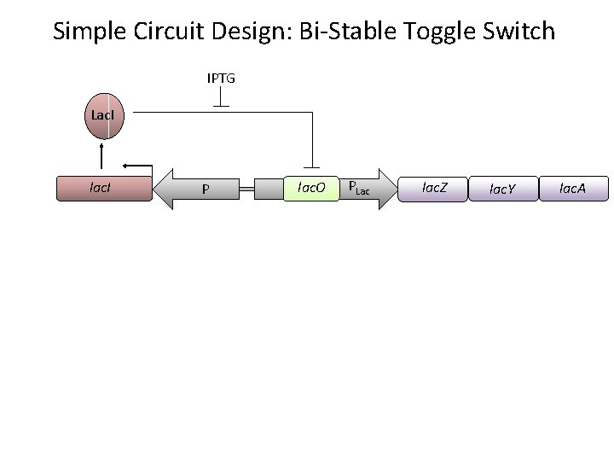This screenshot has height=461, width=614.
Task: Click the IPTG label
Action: tap(221, 79)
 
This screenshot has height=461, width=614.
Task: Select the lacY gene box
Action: tap(503, 188)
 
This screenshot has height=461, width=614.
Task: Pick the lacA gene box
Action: tap(573, 187)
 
